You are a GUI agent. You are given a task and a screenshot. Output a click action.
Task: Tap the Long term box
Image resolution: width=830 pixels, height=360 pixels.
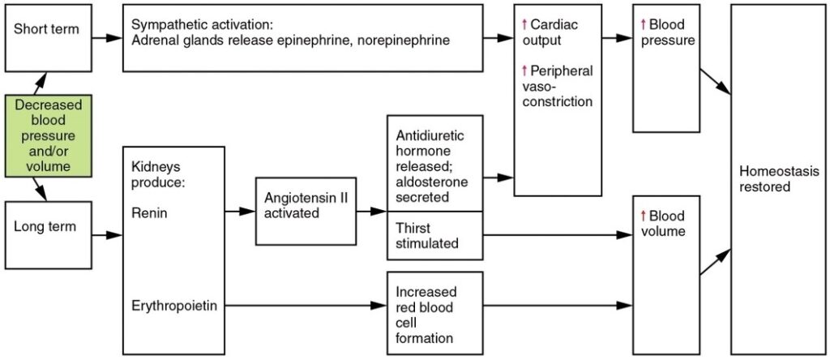point(45,236)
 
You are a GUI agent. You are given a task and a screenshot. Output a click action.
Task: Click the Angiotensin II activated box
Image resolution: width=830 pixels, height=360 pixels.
point(305,210)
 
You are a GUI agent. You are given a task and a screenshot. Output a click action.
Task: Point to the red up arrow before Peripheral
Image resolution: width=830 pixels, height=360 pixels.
point(525,71)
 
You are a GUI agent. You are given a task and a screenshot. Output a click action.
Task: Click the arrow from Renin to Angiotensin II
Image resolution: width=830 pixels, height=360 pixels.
point(240,211)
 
